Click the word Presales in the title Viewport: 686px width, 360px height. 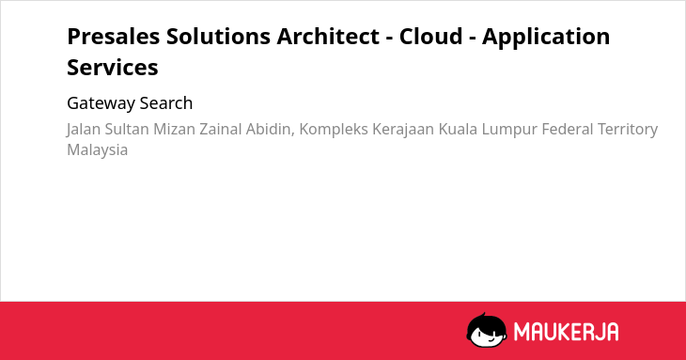click(114, 37)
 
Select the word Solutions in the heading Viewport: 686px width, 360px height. click(218, 37)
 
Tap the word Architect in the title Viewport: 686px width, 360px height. click(328, 37)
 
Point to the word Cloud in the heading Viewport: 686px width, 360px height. click(430, 37)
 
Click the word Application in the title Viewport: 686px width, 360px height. click(546, 38)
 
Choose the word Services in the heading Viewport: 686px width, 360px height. click(113, 68)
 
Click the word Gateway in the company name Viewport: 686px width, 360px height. click(101, 104)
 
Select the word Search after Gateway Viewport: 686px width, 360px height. click(166, 103)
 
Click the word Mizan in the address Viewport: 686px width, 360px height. click(174, 129)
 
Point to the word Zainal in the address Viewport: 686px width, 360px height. click(221, 129)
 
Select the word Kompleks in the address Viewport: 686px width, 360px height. click(334, 130)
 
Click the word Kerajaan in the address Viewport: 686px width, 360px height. click(403, 130)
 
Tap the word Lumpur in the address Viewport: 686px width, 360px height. click(509, 130)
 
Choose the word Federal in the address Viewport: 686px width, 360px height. click(568, 129)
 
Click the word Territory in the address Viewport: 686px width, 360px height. click(628, 130)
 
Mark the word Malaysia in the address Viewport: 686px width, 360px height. click(97, 150)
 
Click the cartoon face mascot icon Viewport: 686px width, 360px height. click(487, 330)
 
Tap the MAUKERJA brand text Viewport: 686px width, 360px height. click(566, 332)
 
